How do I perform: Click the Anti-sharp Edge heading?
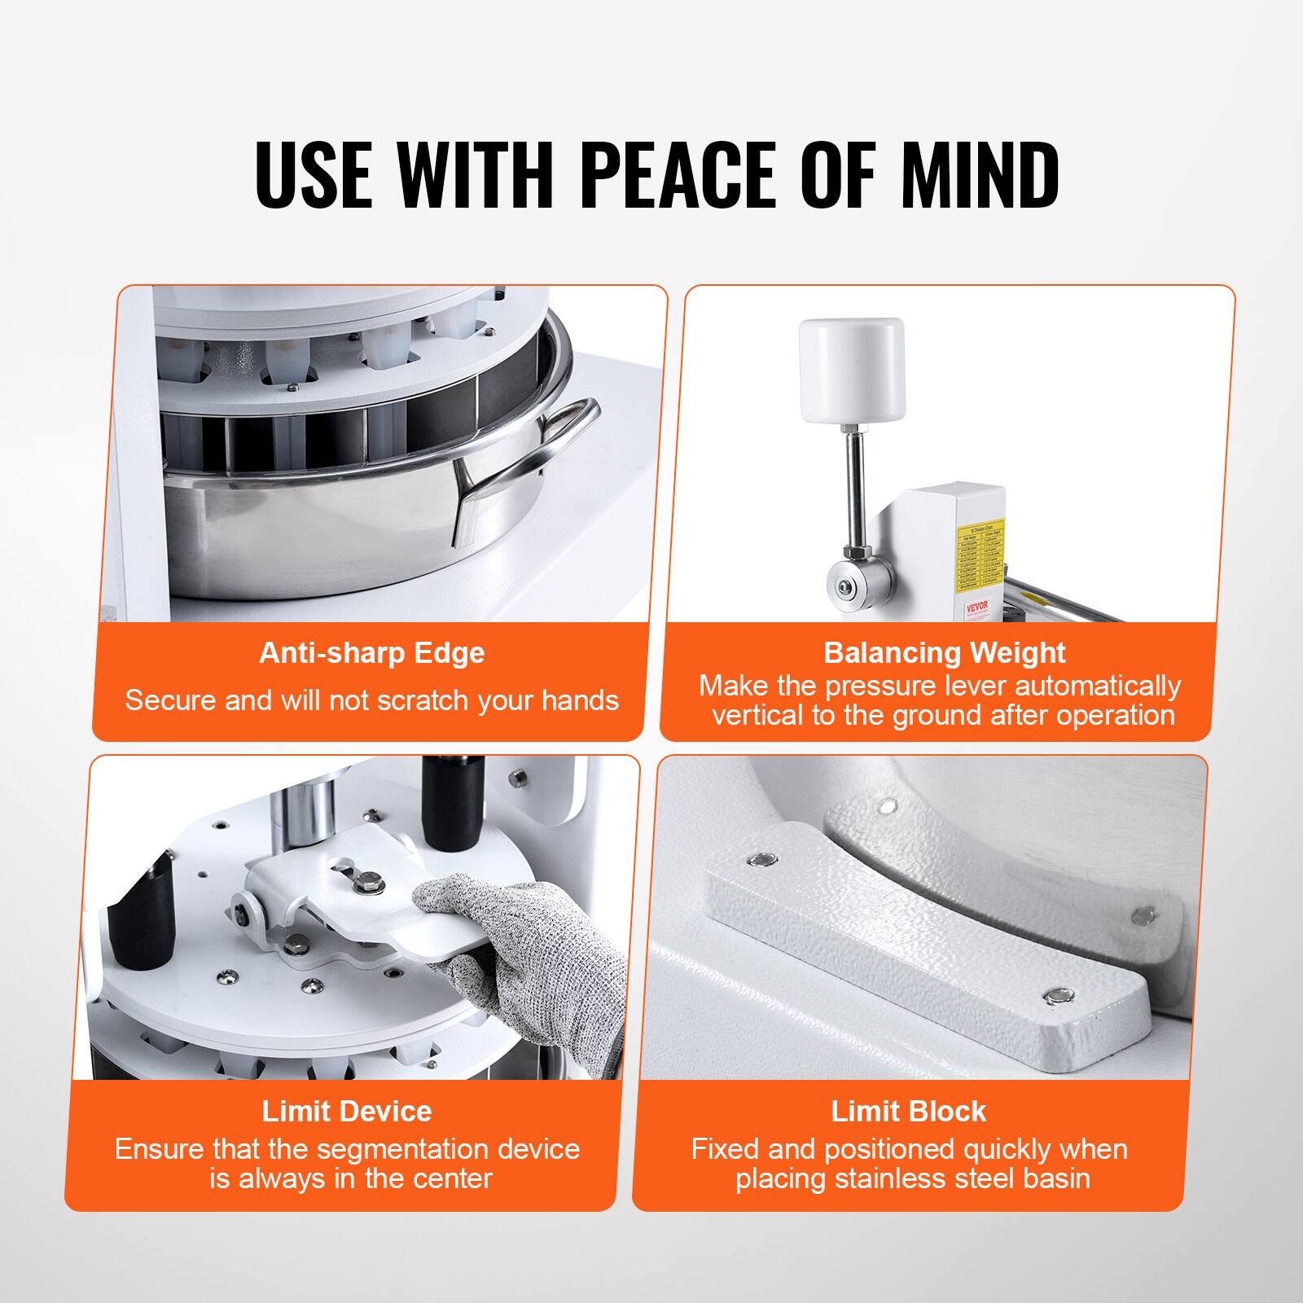point(371,653)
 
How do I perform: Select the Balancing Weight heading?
point(944,653)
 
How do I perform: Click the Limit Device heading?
point(347,1111)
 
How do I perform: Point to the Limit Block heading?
point(908,1111)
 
